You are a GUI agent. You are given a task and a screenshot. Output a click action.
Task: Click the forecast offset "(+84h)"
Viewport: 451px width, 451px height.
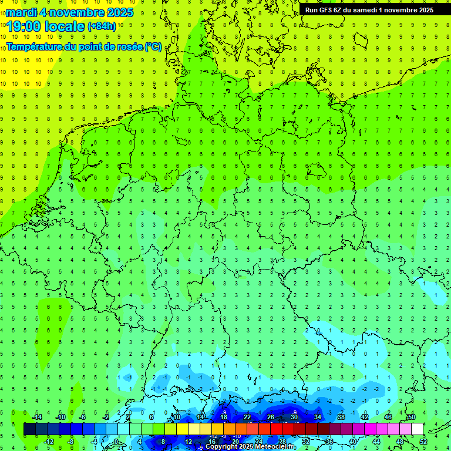tap(102, 26)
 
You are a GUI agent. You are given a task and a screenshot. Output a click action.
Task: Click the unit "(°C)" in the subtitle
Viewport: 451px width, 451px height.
tap(153, 47)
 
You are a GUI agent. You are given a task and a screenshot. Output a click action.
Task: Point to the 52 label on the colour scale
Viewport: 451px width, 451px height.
tap(423, 442)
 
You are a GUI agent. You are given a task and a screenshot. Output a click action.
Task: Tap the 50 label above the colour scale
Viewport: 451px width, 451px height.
tap(411, 416)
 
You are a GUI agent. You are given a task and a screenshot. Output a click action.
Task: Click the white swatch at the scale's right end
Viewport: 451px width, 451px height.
tap(417, 429)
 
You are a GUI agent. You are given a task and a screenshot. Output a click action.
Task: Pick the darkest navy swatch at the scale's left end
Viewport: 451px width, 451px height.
tap(29, 429)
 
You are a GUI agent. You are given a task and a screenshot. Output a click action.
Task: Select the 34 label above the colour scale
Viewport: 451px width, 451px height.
tap(317, 416)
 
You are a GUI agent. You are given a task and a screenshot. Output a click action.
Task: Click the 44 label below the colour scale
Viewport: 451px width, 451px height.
tap(376, 442)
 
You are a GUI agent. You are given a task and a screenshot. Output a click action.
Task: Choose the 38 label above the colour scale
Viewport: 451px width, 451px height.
tap(341, 416)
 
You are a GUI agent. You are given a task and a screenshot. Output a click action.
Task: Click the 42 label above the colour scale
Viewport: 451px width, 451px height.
tap(364, 416)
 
